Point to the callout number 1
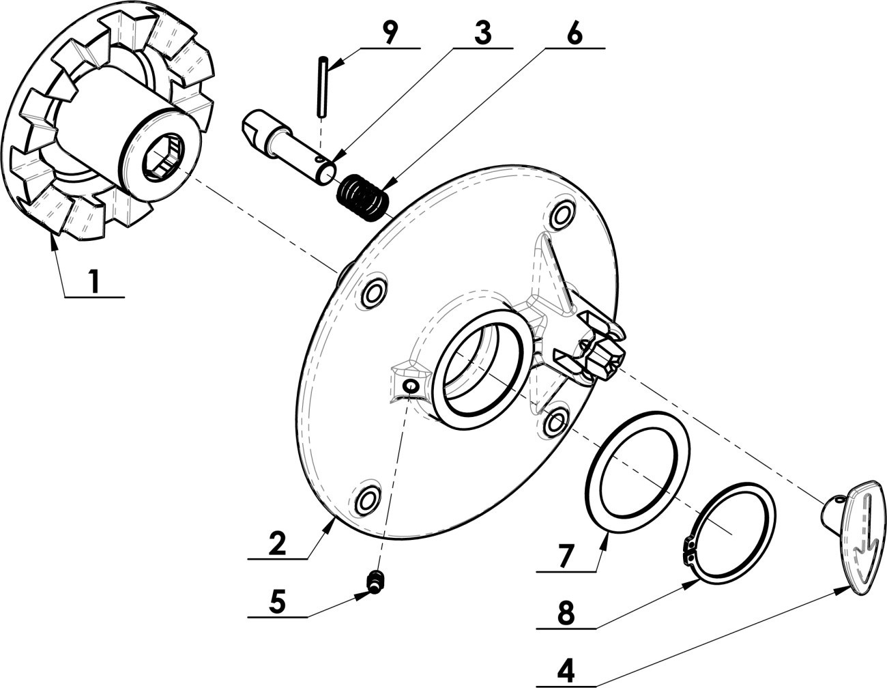point(95,281)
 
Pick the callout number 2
point(278,542)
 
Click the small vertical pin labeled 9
point(322,87)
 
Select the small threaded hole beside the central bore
point(411,386)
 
